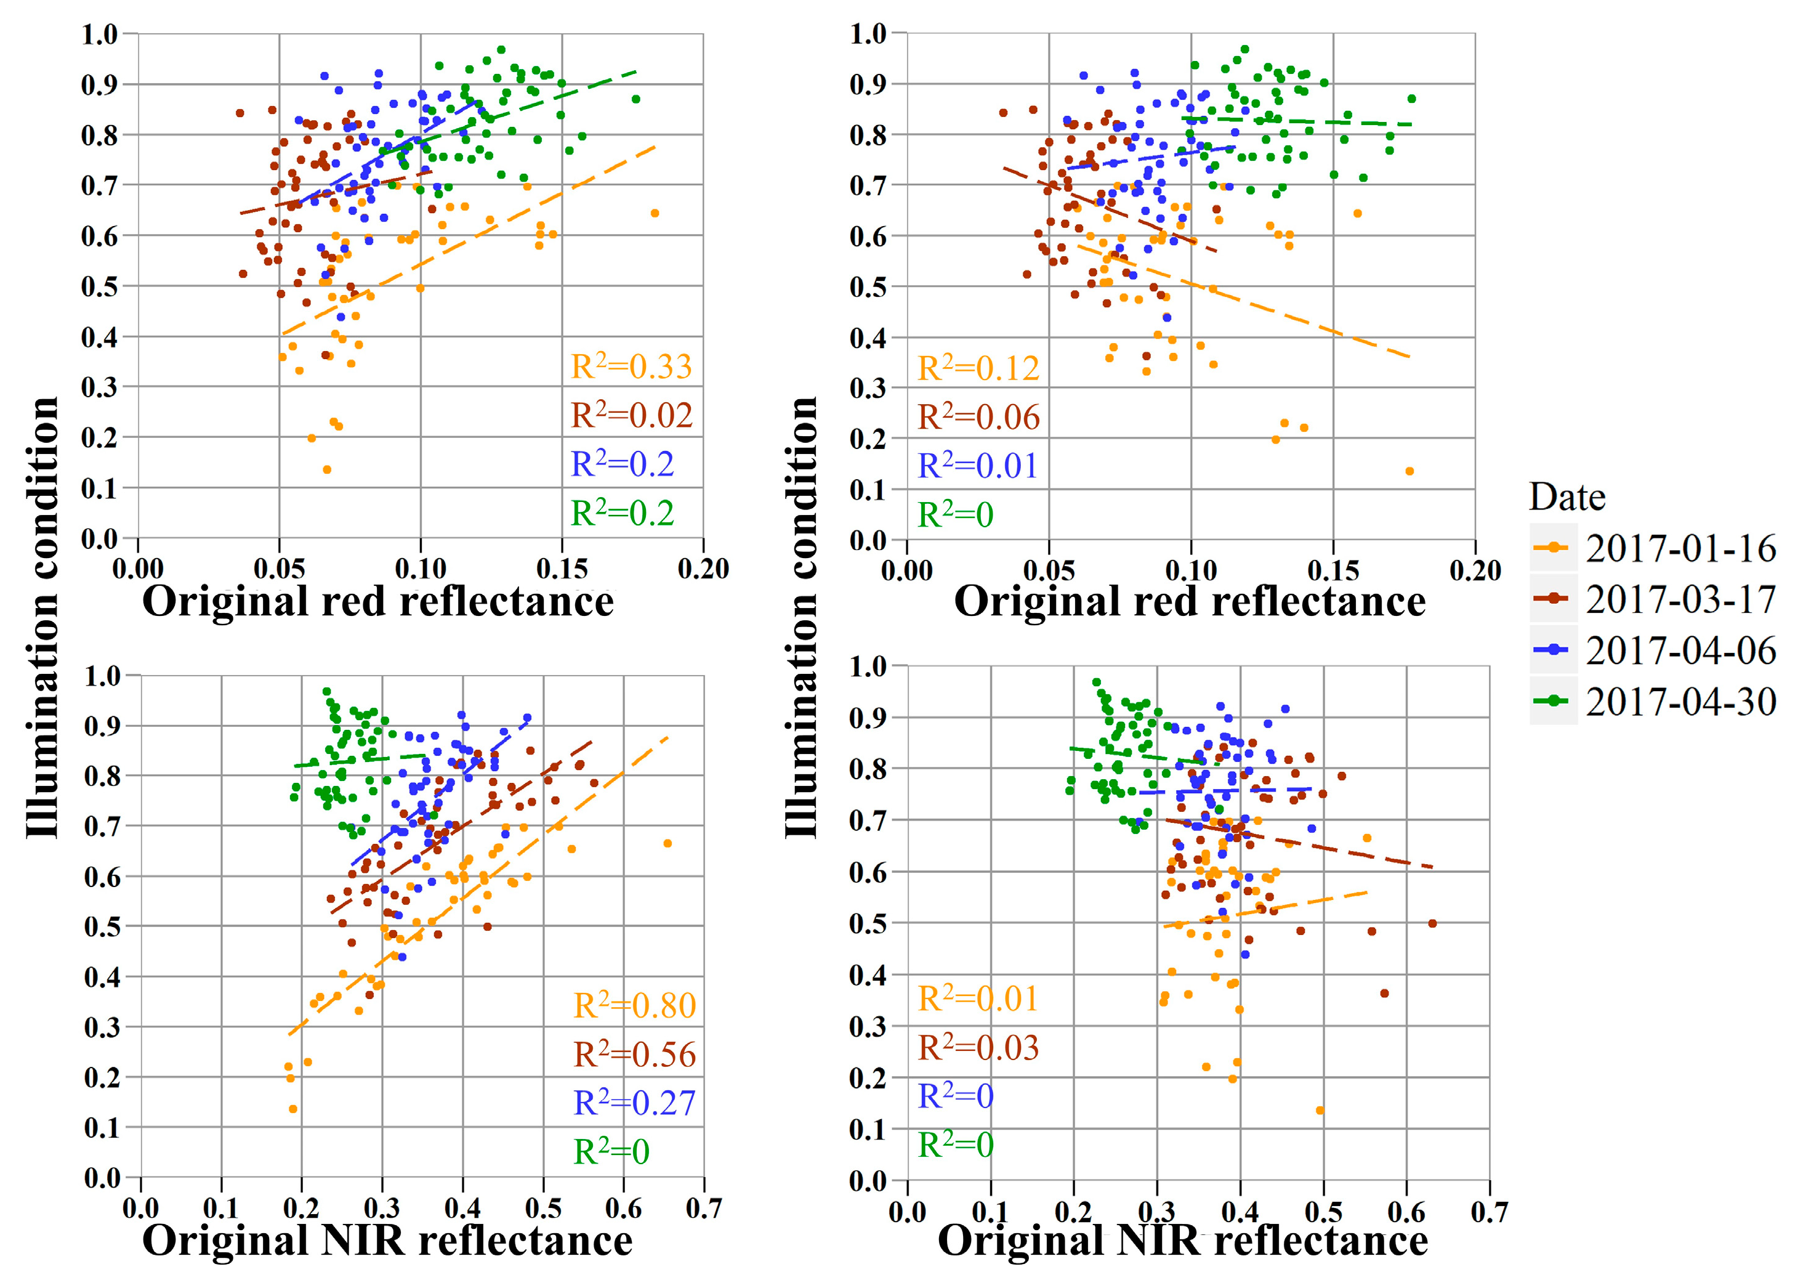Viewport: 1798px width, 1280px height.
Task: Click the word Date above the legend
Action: click(x=1566, y=497)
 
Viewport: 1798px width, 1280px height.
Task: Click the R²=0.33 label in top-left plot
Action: click(x=631, y=367)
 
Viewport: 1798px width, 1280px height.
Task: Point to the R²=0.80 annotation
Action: click(x=634, y=1006)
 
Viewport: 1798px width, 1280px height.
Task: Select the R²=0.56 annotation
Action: click(x=634, y=1055)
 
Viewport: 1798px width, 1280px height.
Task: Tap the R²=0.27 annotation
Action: click(x=634, y=1103)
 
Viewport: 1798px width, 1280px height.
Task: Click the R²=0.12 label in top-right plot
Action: click(x=978, y=369)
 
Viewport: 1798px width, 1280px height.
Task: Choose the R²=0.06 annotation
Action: click(x=978, y=417)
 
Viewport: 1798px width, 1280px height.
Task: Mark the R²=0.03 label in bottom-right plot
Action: click(x=978, y=1048)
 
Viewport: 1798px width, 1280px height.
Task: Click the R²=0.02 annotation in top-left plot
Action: click(x=631, y=415)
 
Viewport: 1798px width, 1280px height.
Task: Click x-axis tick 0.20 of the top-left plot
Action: click(x=703, y=569)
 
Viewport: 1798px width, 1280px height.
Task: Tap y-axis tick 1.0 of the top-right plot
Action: click(x=868, y=34)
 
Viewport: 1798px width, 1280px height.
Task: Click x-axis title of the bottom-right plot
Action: click(x=1182, y=1241)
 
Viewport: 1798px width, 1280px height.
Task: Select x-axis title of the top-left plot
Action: click(x=377, y=602)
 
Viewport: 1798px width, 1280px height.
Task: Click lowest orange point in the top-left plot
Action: click(x=327, y=470)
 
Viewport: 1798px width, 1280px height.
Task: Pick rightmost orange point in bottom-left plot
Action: click(x=667, y=843)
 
